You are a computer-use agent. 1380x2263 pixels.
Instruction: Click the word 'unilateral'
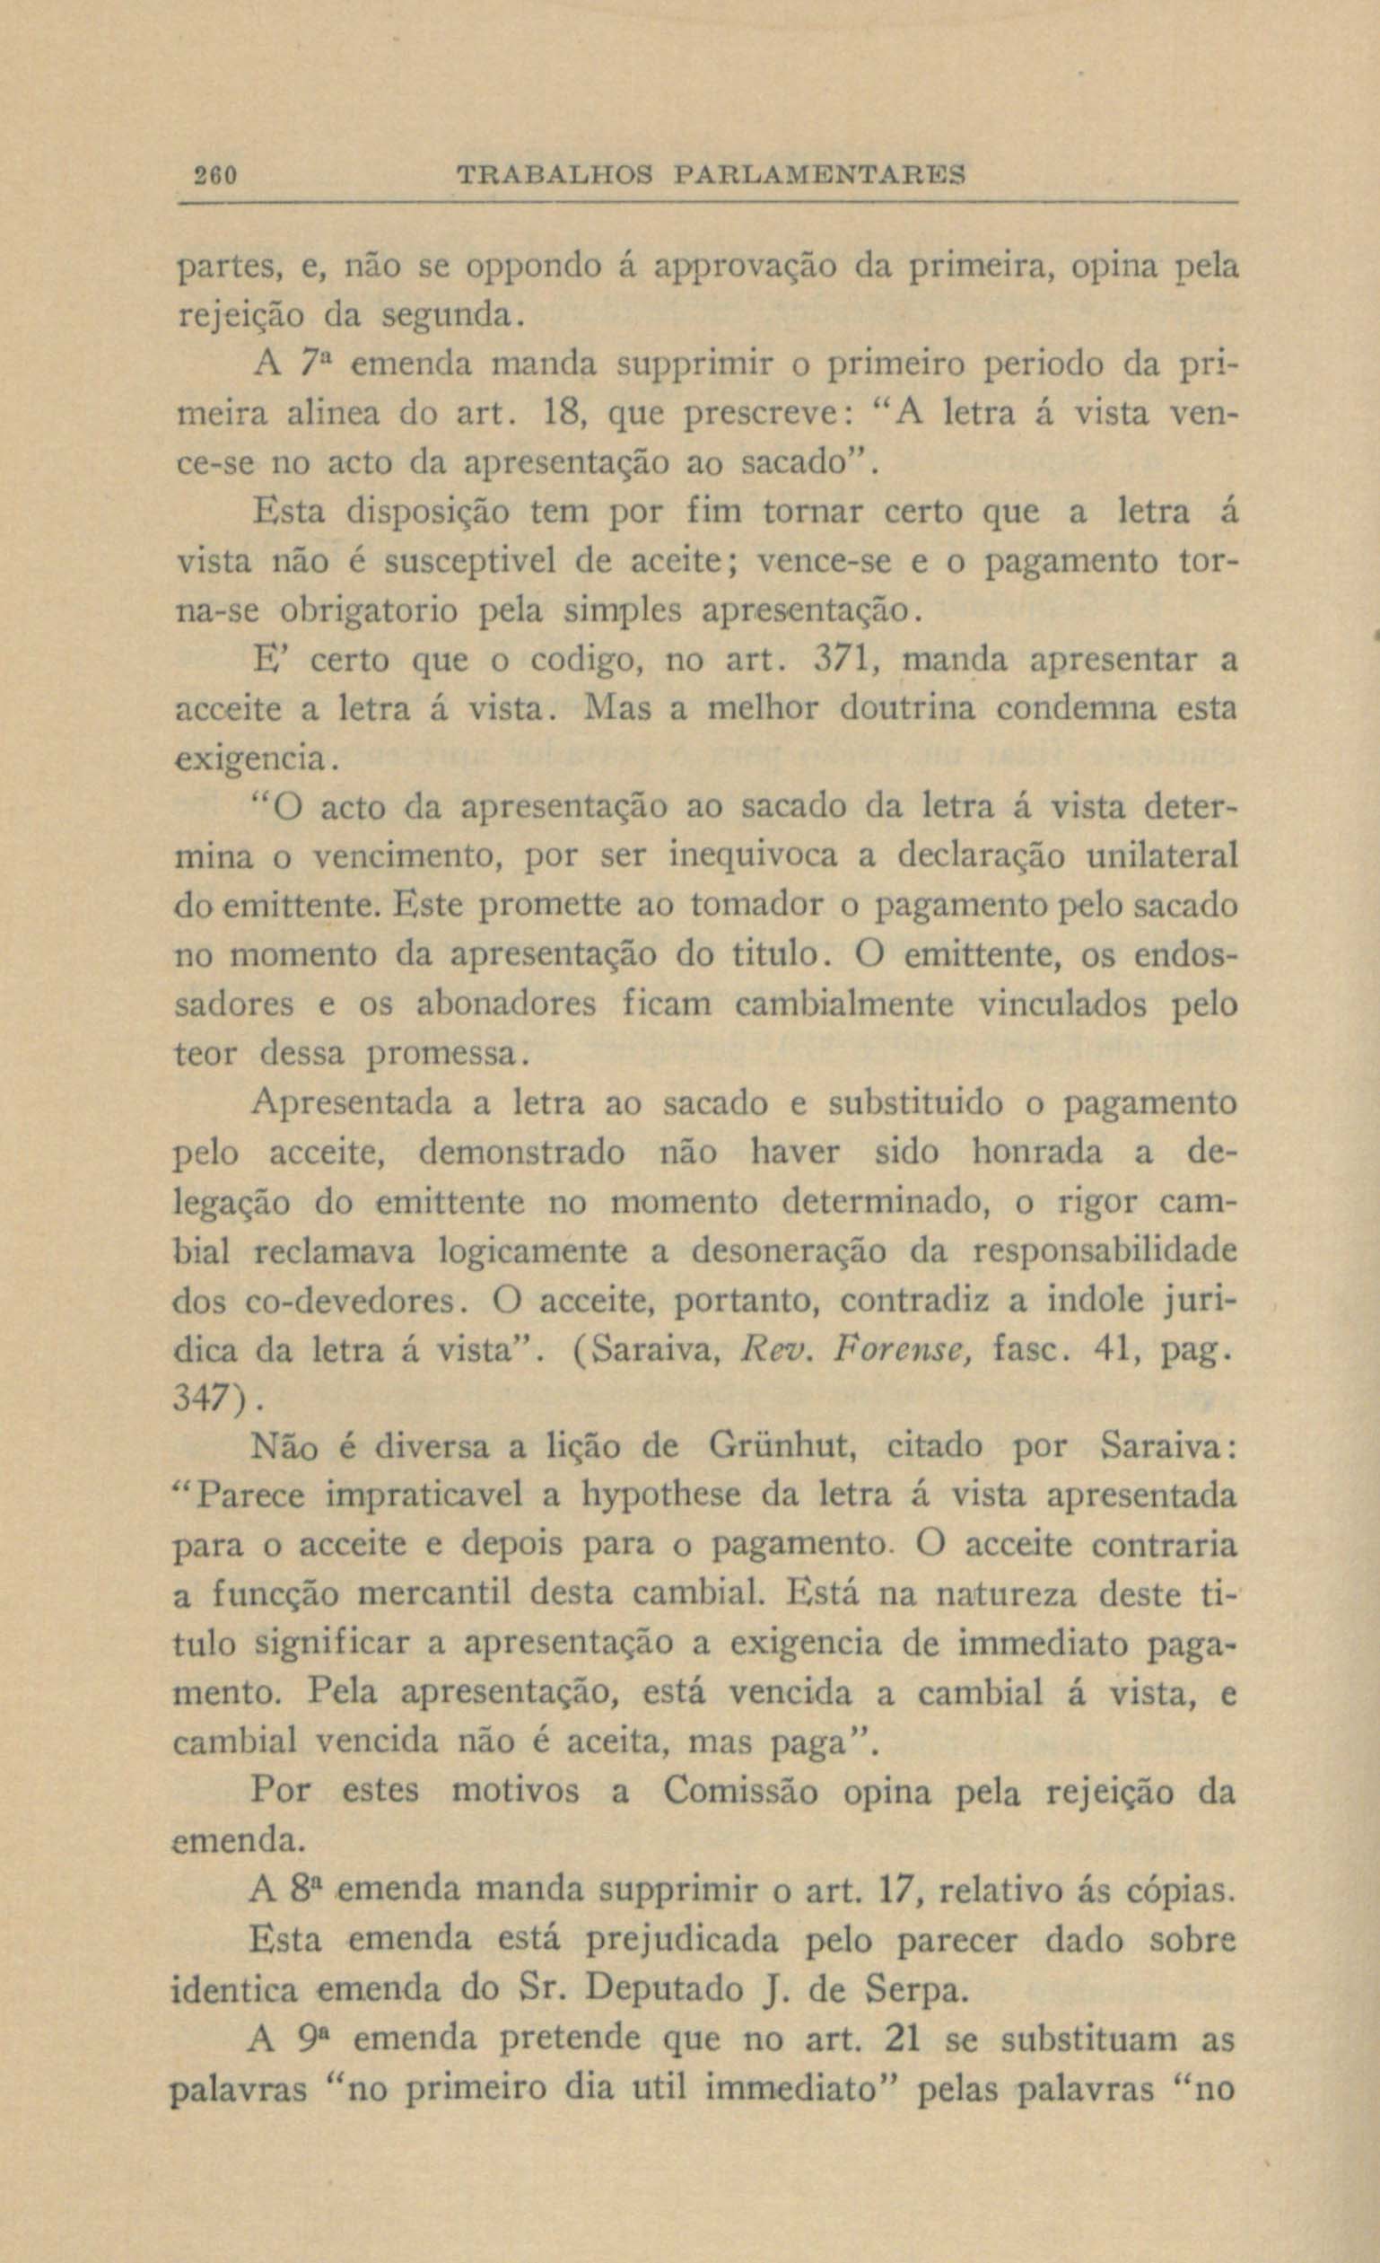click(1161, 855)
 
